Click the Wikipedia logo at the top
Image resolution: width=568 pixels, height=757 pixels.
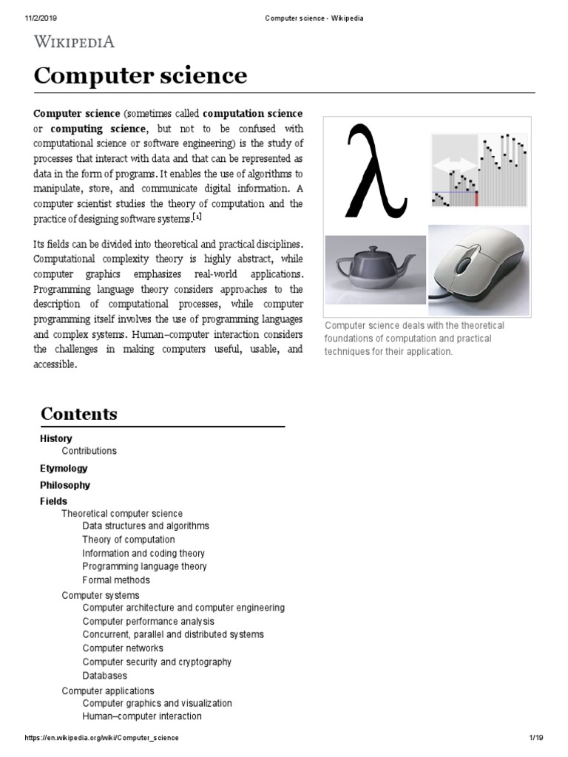[x=73, y=41]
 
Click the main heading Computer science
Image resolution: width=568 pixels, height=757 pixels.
[x=141, y=75]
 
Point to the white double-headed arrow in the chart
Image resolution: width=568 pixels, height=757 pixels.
[x=454, y=166]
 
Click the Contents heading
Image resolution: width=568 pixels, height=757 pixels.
[x=78, y=413]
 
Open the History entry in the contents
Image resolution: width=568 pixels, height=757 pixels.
[x=56, y=438]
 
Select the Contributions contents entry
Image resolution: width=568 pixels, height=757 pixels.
[x=89, y=450]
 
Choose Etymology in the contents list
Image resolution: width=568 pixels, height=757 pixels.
[x=64, y=468]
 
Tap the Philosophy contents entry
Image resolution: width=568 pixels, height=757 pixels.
[x=65, y=485]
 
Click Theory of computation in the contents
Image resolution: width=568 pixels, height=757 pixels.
[x=129, y=540]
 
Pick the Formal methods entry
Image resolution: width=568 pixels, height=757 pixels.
[x=116, y=580]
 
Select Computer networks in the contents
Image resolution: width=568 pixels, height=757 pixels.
[x=123, y=648]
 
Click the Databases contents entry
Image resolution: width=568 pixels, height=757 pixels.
[x=105, y=676]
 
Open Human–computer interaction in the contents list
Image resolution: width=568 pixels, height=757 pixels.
[x=142, y=716]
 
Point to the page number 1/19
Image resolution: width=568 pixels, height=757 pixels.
[x=536, y=738]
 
